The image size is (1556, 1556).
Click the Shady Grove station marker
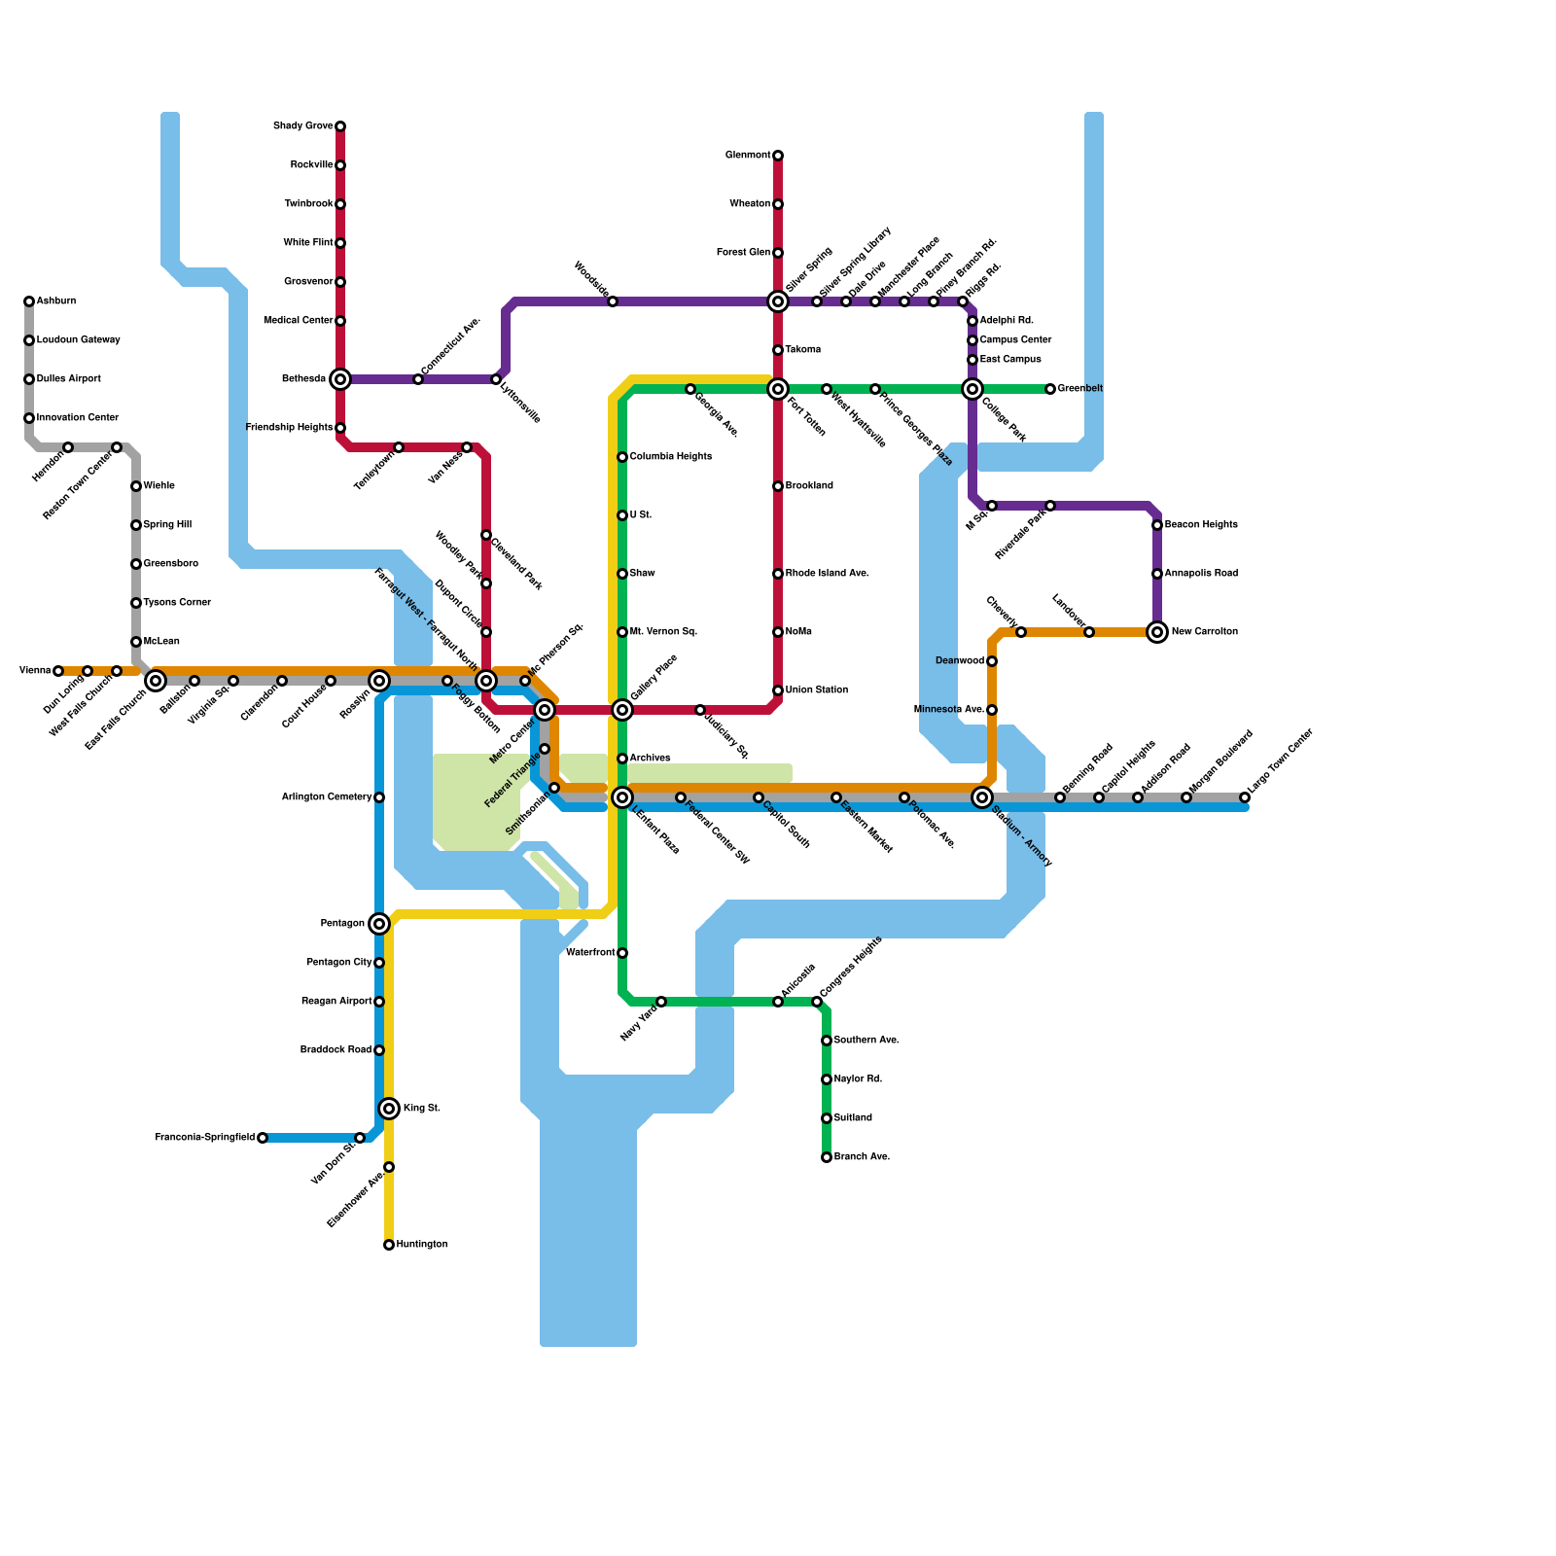tap(340, 126)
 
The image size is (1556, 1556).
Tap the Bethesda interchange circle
tap(340, 379)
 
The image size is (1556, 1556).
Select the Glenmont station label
tap(748, 156)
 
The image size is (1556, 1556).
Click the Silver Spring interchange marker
tap(778, 301)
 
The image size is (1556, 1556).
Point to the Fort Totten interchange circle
tap(778, 389)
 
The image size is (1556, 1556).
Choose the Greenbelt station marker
tap(1050, 389)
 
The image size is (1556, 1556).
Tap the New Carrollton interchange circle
tap(1157, 632)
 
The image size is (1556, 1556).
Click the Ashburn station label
tap(56, 301)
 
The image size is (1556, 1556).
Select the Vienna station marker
tap(58, 671)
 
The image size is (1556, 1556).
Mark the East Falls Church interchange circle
tap(156, 681)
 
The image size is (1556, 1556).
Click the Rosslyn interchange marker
tap(379, 681)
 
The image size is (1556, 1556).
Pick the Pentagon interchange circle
tap(379, 924)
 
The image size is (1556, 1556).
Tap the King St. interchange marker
tap(389, 1109)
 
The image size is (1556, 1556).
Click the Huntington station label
tap(422, 1245)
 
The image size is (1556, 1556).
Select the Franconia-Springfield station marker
tap(263, 1138)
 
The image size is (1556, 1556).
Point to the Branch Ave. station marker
tap(827, 1157)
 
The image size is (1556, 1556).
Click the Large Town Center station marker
tap(1245, 797)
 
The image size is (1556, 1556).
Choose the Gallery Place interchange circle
tap(622, 710)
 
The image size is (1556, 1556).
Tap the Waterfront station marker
tap(622, 953)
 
